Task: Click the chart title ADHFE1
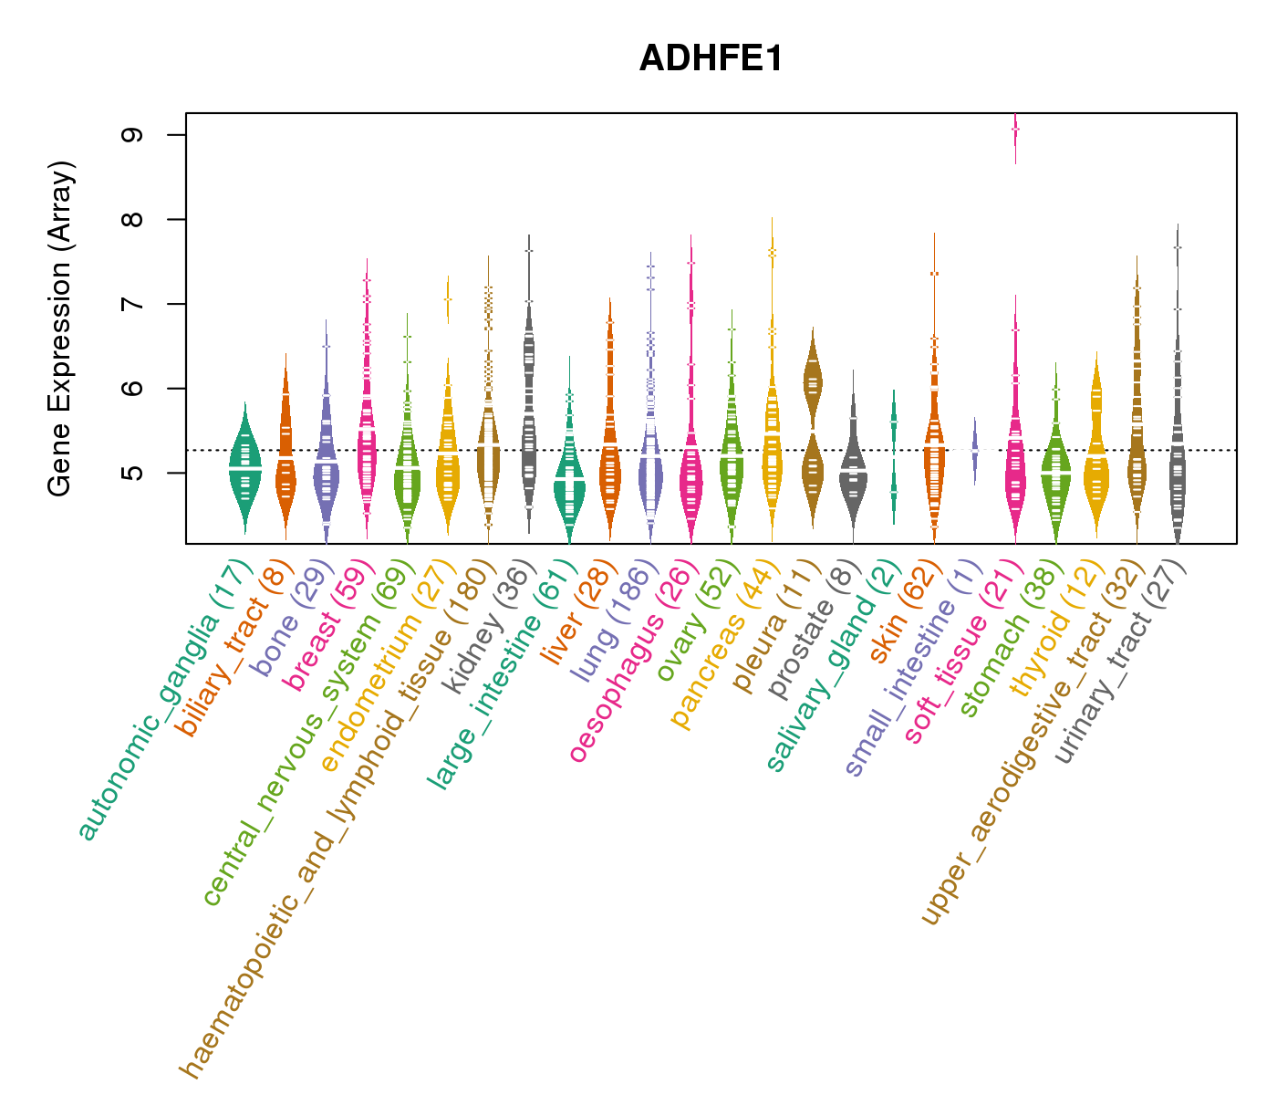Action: click(x=711, y=59)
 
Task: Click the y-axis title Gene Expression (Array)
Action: click(x=60, y=328)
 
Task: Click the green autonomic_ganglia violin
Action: click(x=244, y=465)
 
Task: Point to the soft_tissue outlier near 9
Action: click(x=1015, y=132)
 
